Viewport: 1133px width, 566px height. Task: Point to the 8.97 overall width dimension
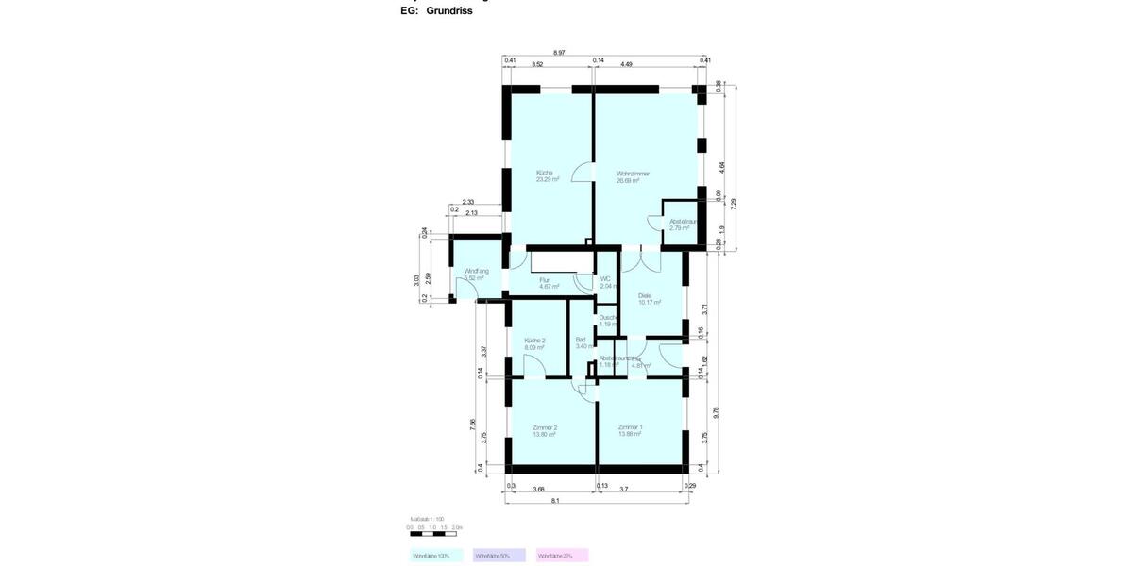pyautogui.click(x=559, y=54)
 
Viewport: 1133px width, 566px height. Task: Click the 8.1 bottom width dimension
pyautogui.click(x=555, y=501)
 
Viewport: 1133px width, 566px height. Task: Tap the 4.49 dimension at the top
pyautogui.click(x=626, y=64)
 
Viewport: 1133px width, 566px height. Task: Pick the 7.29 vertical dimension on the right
pyautogui.click(x=734, y=202)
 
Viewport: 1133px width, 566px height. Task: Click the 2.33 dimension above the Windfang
pyautogui.click(x=468, y=202)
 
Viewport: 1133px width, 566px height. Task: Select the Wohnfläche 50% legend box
pyautogui.click(x=499, y=556)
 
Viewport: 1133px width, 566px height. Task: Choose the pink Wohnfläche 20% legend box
pyautogui.click(x=562, y=556)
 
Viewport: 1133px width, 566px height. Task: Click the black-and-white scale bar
pyautogui.click(x=435, y=534)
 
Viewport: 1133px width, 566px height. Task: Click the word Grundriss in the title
pyautogui.click(x=449, y=11)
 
